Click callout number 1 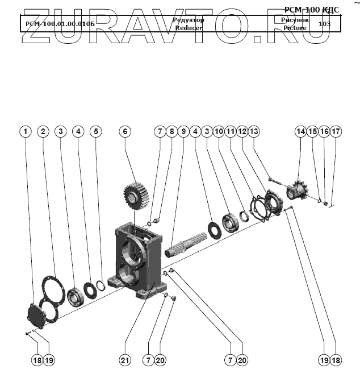click(x=24, y=131)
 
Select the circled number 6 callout click(x=125, y=131)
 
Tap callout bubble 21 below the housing click(x=125, y=360)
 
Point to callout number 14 click(x=300, y=131)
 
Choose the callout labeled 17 click(x=336, y=131)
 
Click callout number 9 click(x=183, y=131)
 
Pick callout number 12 click(x=242, y=131)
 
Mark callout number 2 click(x=43, y=131)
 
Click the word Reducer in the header click(x=189, y=27)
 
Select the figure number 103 click(x=325, y=24)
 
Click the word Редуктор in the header click(x=188, y=20)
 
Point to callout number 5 click(x=96, y=131)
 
